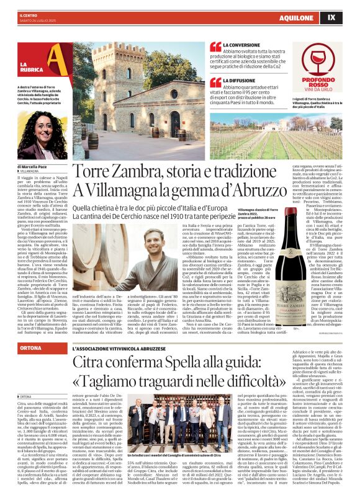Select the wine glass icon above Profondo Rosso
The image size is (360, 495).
click(x=322, y=61)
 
